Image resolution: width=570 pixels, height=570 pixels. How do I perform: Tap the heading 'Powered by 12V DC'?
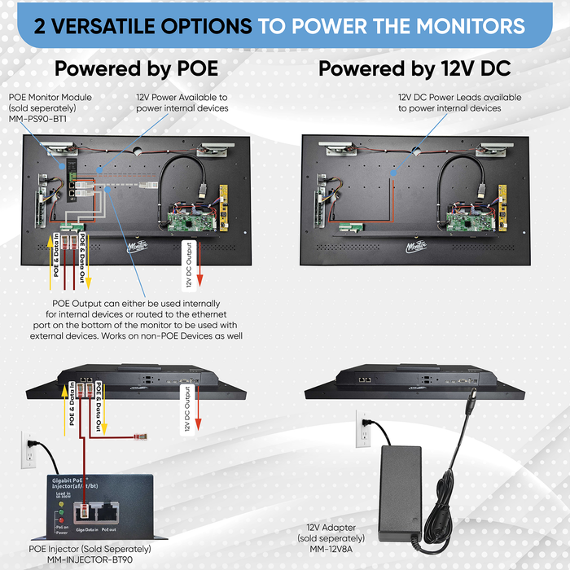414,68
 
